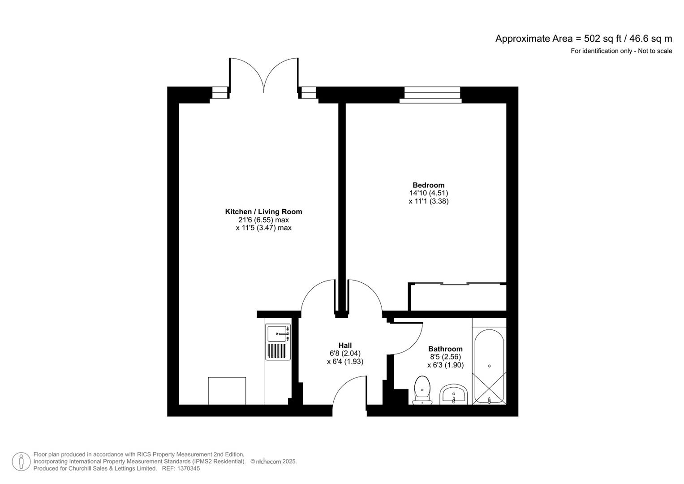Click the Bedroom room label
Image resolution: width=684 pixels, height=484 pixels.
[428, 185]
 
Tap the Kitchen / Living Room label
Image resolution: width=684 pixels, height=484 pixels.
[263, 212]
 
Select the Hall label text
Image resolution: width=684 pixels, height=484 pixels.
[345, 345]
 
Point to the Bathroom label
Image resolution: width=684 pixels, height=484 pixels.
[445, 349]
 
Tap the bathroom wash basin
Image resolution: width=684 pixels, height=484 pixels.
[454, 394]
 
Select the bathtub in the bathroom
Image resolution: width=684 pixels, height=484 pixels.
[489, 367]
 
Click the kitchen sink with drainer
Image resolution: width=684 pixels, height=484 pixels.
[278, 342]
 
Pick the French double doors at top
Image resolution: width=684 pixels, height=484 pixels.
[264, 76]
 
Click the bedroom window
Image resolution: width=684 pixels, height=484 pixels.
[432, 95]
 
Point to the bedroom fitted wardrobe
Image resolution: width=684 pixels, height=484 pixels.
[457, 297]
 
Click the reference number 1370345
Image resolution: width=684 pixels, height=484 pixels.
[189, 468]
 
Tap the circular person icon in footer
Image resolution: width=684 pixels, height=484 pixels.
[21, 462]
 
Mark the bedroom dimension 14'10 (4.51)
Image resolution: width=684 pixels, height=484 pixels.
[428, 193]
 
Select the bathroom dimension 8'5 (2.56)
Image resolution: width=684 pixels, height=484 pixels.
[445, 357]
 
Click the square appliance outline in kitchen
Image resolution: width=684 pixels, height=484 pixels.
[227, 391]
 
